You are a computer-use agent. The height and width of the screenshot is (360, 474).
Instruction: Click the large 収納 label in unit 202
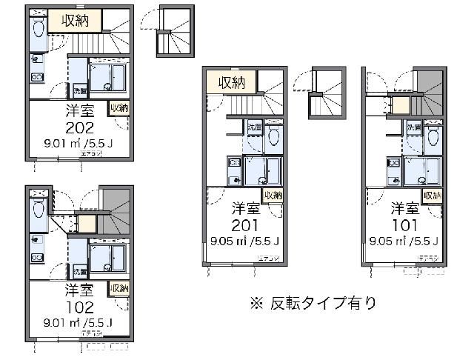[76, 21]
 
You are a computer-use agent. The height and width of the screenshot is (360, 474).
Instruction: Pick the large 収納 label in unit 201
[232, 81]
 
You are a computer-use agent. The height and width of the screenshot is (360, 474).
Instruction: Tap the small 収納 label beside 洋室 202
[118, 108]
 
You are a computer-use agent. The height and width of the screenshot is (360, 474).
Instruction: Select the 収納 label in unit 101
[433, 196]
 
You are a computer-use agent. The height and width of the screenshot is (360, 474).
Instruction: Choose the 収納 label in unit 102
[118, 287]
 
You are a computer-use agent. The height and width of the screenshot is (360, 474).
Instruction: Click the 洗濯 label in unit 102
[76, 271]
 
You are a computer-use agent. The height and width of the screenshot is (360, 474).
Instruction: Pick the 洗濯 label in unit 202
[79, 91]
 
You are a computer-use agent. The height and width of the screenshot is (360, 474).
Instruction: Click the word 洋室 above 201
[244, 206]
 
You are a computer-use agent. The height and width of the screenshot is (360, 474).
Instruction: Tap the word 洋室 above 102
[78, 288]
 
